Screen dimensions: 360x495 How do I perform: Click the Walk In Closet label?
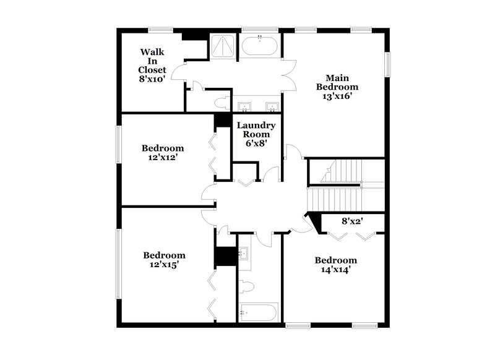pos(152,65)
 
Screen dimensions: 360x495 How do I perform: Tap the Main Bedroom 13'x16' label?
pos(337,87)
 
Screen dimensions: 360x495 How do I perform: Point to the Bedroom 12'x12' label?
pos(163,153)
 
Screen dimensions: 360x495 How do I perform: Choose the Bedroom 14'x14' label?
pos(335,265)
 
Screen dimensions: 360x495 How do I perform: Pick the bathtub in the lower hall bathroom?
pos(258,312)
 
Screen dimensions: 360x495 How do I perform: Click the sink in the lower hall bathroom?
pos(244,253)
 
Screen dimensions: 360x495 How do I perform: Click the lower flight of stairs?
pos(334,200)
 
